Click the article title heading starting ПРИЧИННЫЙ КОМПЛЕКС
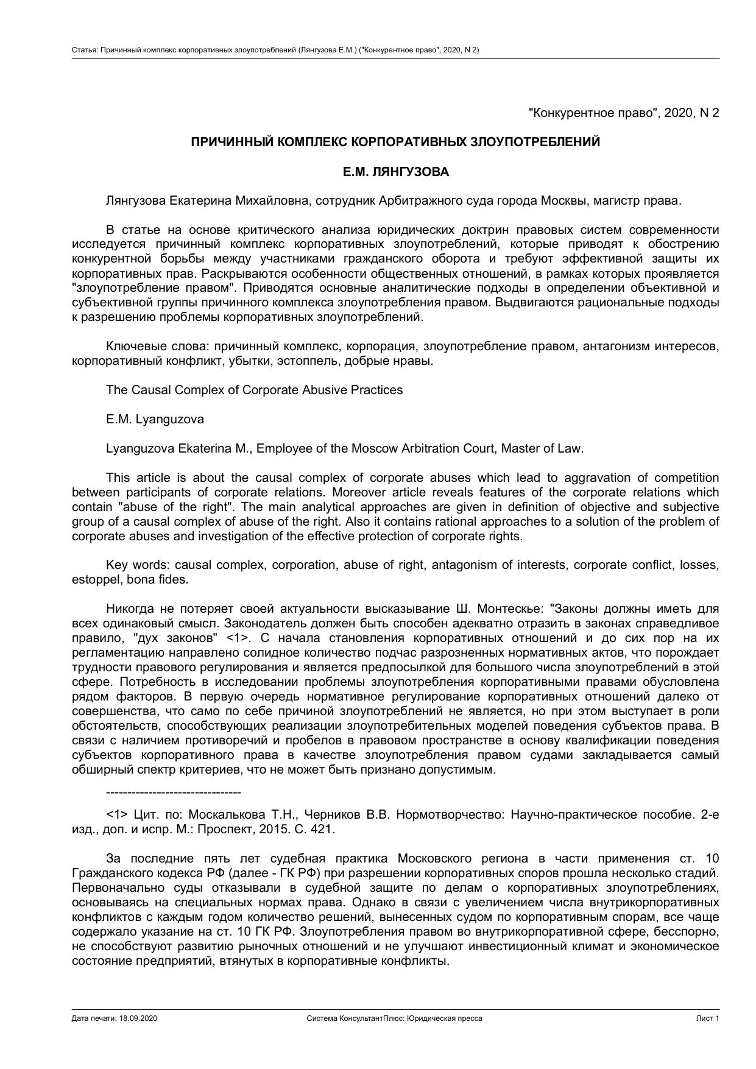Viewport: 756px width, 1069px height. tap(395, 142)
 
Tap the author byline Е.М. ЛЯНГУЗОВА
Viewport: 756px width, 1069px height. tap(395, 172)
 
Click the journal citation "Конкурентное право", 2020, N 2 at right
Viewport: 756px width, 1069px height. tap(624, 113)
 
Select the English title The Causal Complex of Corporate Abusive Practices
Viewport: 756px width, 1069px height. tap(254, 390)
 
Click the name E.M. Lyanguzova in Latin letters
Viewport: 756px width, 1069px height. tap(155, 419)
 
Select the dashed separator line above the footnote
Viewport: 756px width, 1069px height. tap(173, 792)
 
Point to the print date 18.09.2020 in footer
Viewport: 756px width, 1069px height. tap(138, 1018)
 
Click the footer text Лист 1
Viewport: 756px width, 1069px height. tap(708, 1018)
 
